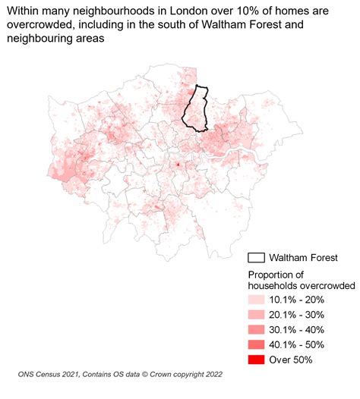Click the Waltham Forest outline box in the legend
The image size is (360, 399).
258,258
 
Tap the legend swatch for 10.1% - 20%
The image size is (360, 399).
257,300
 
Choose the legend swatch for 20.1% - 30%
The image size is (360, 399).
257,315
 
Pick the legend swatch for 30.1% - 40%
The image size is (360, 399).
257,330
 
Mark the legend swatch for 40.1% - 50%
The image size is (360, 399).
257,344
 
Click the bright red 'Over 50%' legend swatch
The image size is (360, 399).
257,360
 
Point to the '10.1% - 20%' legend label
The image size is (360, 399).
301,300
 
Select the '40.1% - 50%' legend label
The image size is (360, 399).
301,344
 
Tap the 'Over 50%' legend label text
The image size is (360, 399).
294,360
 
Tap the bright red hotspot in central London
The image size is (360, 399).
178,165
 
